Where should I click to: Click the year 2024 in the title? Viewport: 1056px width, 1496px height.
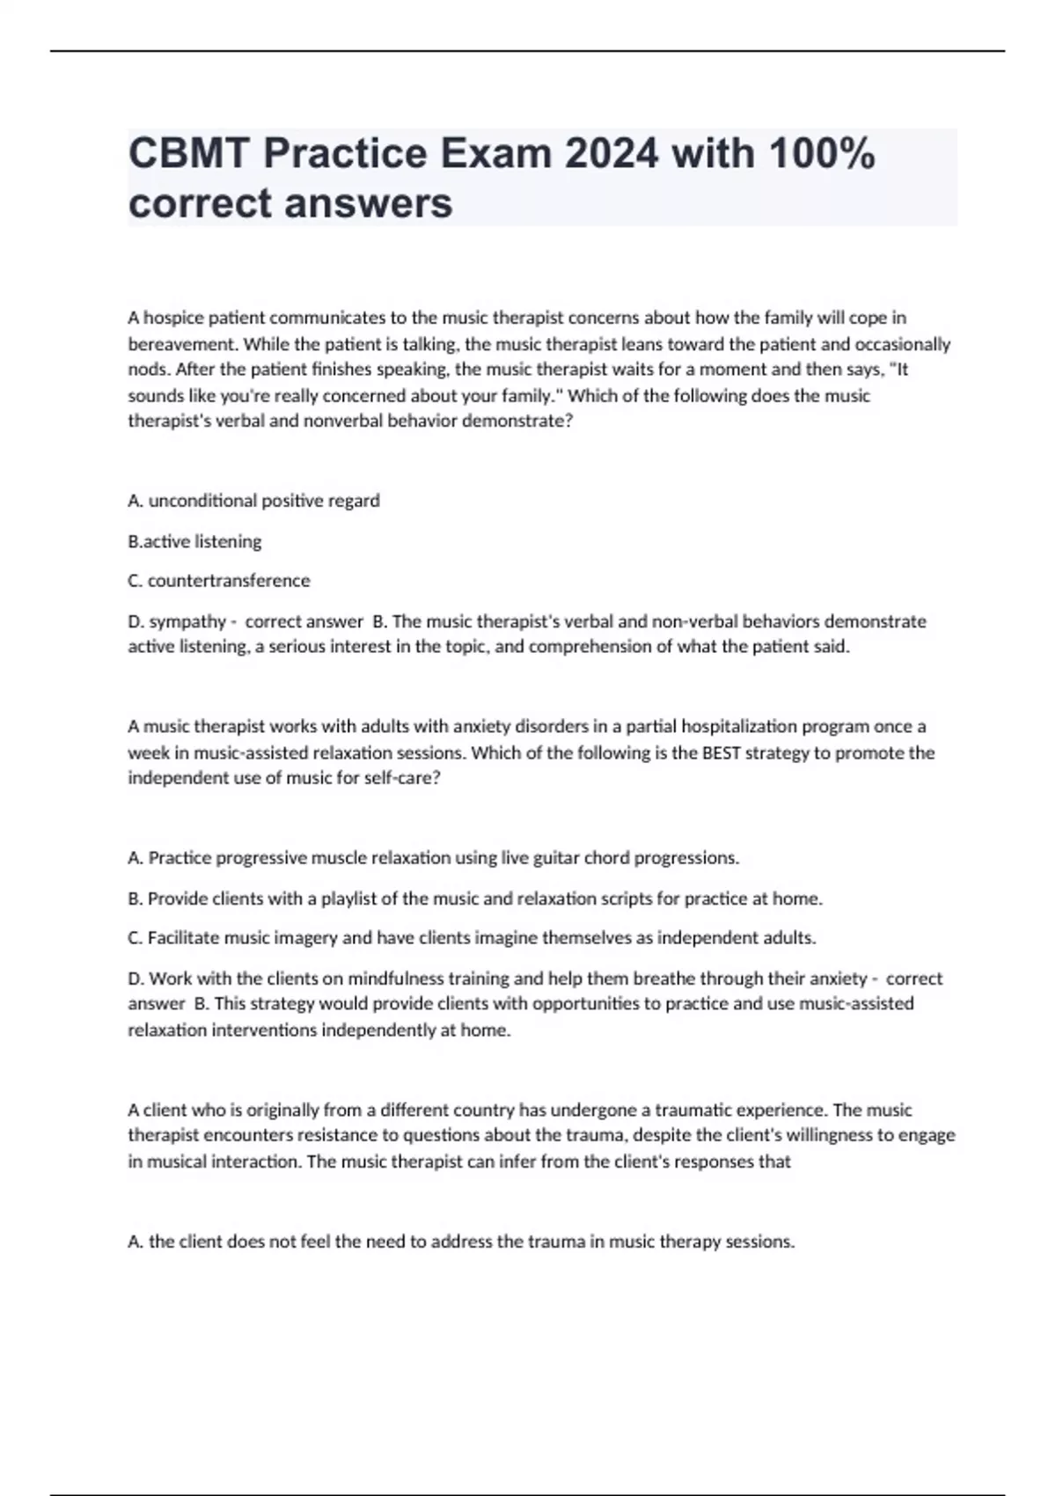coord(611,154)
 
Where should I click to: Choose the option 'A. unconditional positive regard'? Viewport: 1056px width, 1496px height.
coord(253,501)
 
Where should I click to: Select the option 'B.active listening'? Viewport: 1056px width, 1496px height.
coord(194,541)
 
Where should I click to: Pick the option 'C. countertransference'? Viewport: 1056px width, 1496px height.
coord(219,581)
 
